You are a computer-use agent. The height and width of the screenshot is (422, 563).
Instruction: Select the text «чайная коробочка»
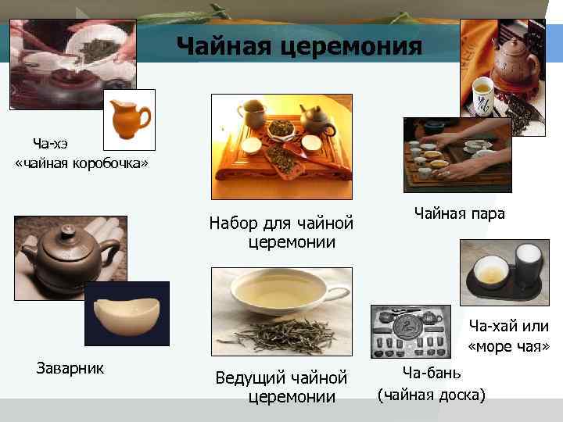point(81,163)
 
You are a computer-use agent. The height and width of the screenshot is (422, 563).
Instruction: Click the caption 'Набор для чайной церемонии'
point(281,233)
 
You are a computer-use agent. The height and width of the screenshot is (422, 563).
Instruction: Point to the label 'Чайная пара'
point(459,213)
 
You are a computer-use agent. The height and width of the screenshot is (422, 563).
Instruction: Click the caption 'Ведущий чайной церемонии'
point(281,388)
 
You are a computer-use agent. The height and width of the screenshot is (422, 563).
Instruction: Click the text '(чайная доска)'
point(432,395)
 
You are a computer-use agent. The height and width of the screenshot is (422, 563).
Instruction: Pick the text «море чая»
point(508,345)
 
